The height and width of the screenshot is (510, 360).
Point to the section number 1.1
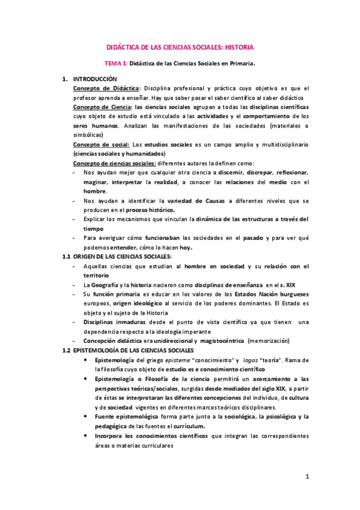pyautogui.click(x=67, y=257)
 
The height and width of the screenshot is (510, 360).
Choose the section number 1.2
pyautogui.click(x=67, y=350)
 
